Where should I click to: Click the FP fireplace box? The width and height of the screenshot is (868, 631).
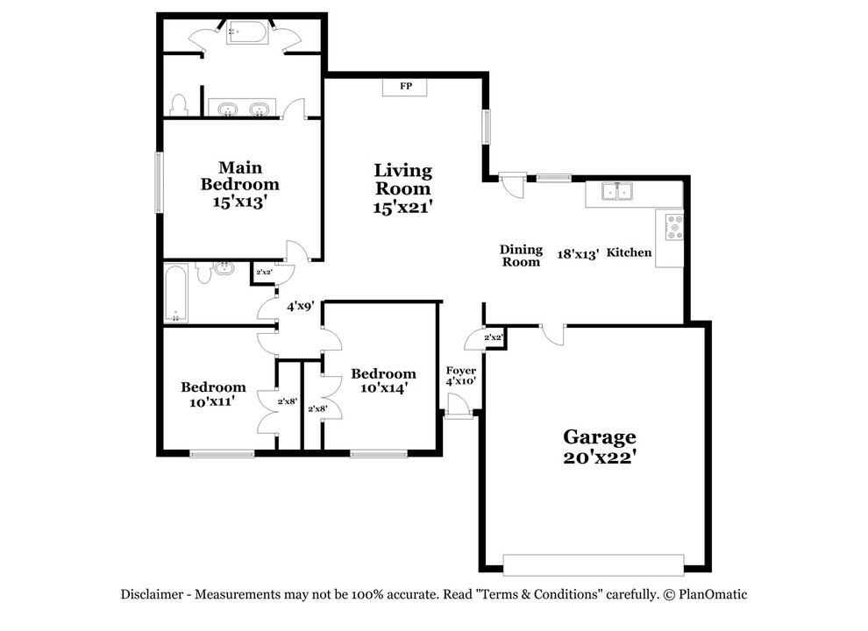[406, 87]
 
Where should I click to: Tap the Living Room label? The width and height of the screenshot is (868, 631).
[402, 179]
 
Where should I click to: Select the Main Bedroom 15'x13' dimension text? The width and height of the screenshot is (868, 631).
[239, 201]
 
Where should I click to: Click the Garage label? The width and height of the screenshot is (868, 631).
[599, 436]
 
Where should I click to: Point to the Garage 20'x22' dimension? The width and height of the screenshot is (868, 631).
[599, 457]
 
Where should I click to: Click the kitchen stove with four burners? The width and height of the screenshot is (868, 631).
[674, 226]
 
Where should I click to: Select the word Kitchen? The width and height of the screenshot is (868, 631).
[630, 252]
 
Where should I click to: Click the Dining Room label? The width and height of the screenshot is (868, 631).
[521, 255]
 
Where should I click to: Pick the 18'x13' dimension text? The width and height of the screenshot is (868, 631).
[579, 253]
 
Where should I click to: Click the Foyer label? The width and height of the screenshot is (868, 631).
[460, 371]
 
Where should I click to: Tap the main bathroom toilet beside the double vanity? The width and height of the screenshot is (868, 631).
[180, 105]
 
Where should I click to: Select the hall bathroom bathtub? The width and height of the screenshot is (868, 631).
[176, 294]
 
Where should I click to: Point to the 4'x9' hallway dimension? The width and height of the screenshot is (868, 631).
[301, 307]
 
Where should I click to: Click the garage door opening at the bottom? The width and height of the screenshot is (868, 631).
[594, 564]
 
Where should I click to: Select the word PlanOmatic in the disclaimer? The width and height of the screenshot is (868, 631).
[712, 594]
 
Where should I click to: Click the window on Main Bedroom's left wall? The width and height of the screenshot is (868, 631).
[160, 182]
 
